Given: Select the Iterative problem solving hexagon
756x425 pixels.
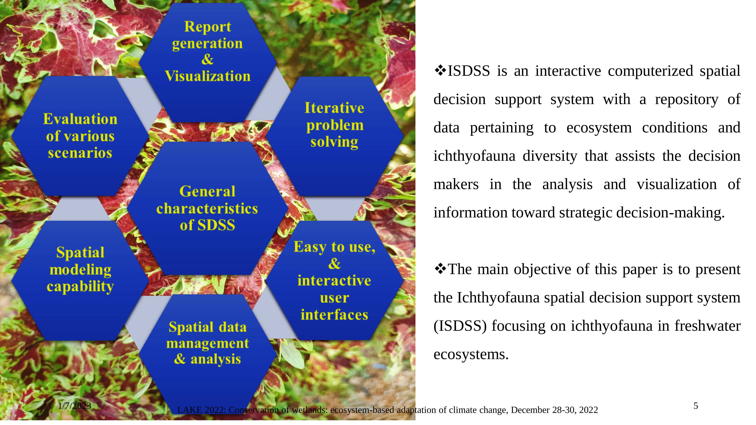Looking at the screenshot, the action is pyautogui.click(x=335, y=136).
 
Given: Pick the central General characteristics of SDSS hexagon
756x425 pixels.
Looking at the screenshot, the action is pyautogui.click(x=207, y=208).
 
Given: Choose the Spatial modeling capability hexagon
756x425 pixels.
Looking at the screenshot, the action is pyautogui.click(x=80, y=281).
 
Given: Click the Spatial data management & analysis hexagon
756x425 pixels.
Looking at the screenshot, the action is pyautogui.click(x=208, y=354).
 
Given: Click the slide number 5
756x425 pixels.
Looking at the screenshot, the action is pyautogui.click(x=696, y=406).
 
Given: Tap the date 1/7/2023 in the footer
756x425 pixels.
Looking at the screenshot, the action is pyautogui.click(x=75, y=406).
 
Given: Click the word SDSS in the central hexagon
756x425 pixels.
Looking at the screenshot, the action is pyautogui.click(x=216, y=225).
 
